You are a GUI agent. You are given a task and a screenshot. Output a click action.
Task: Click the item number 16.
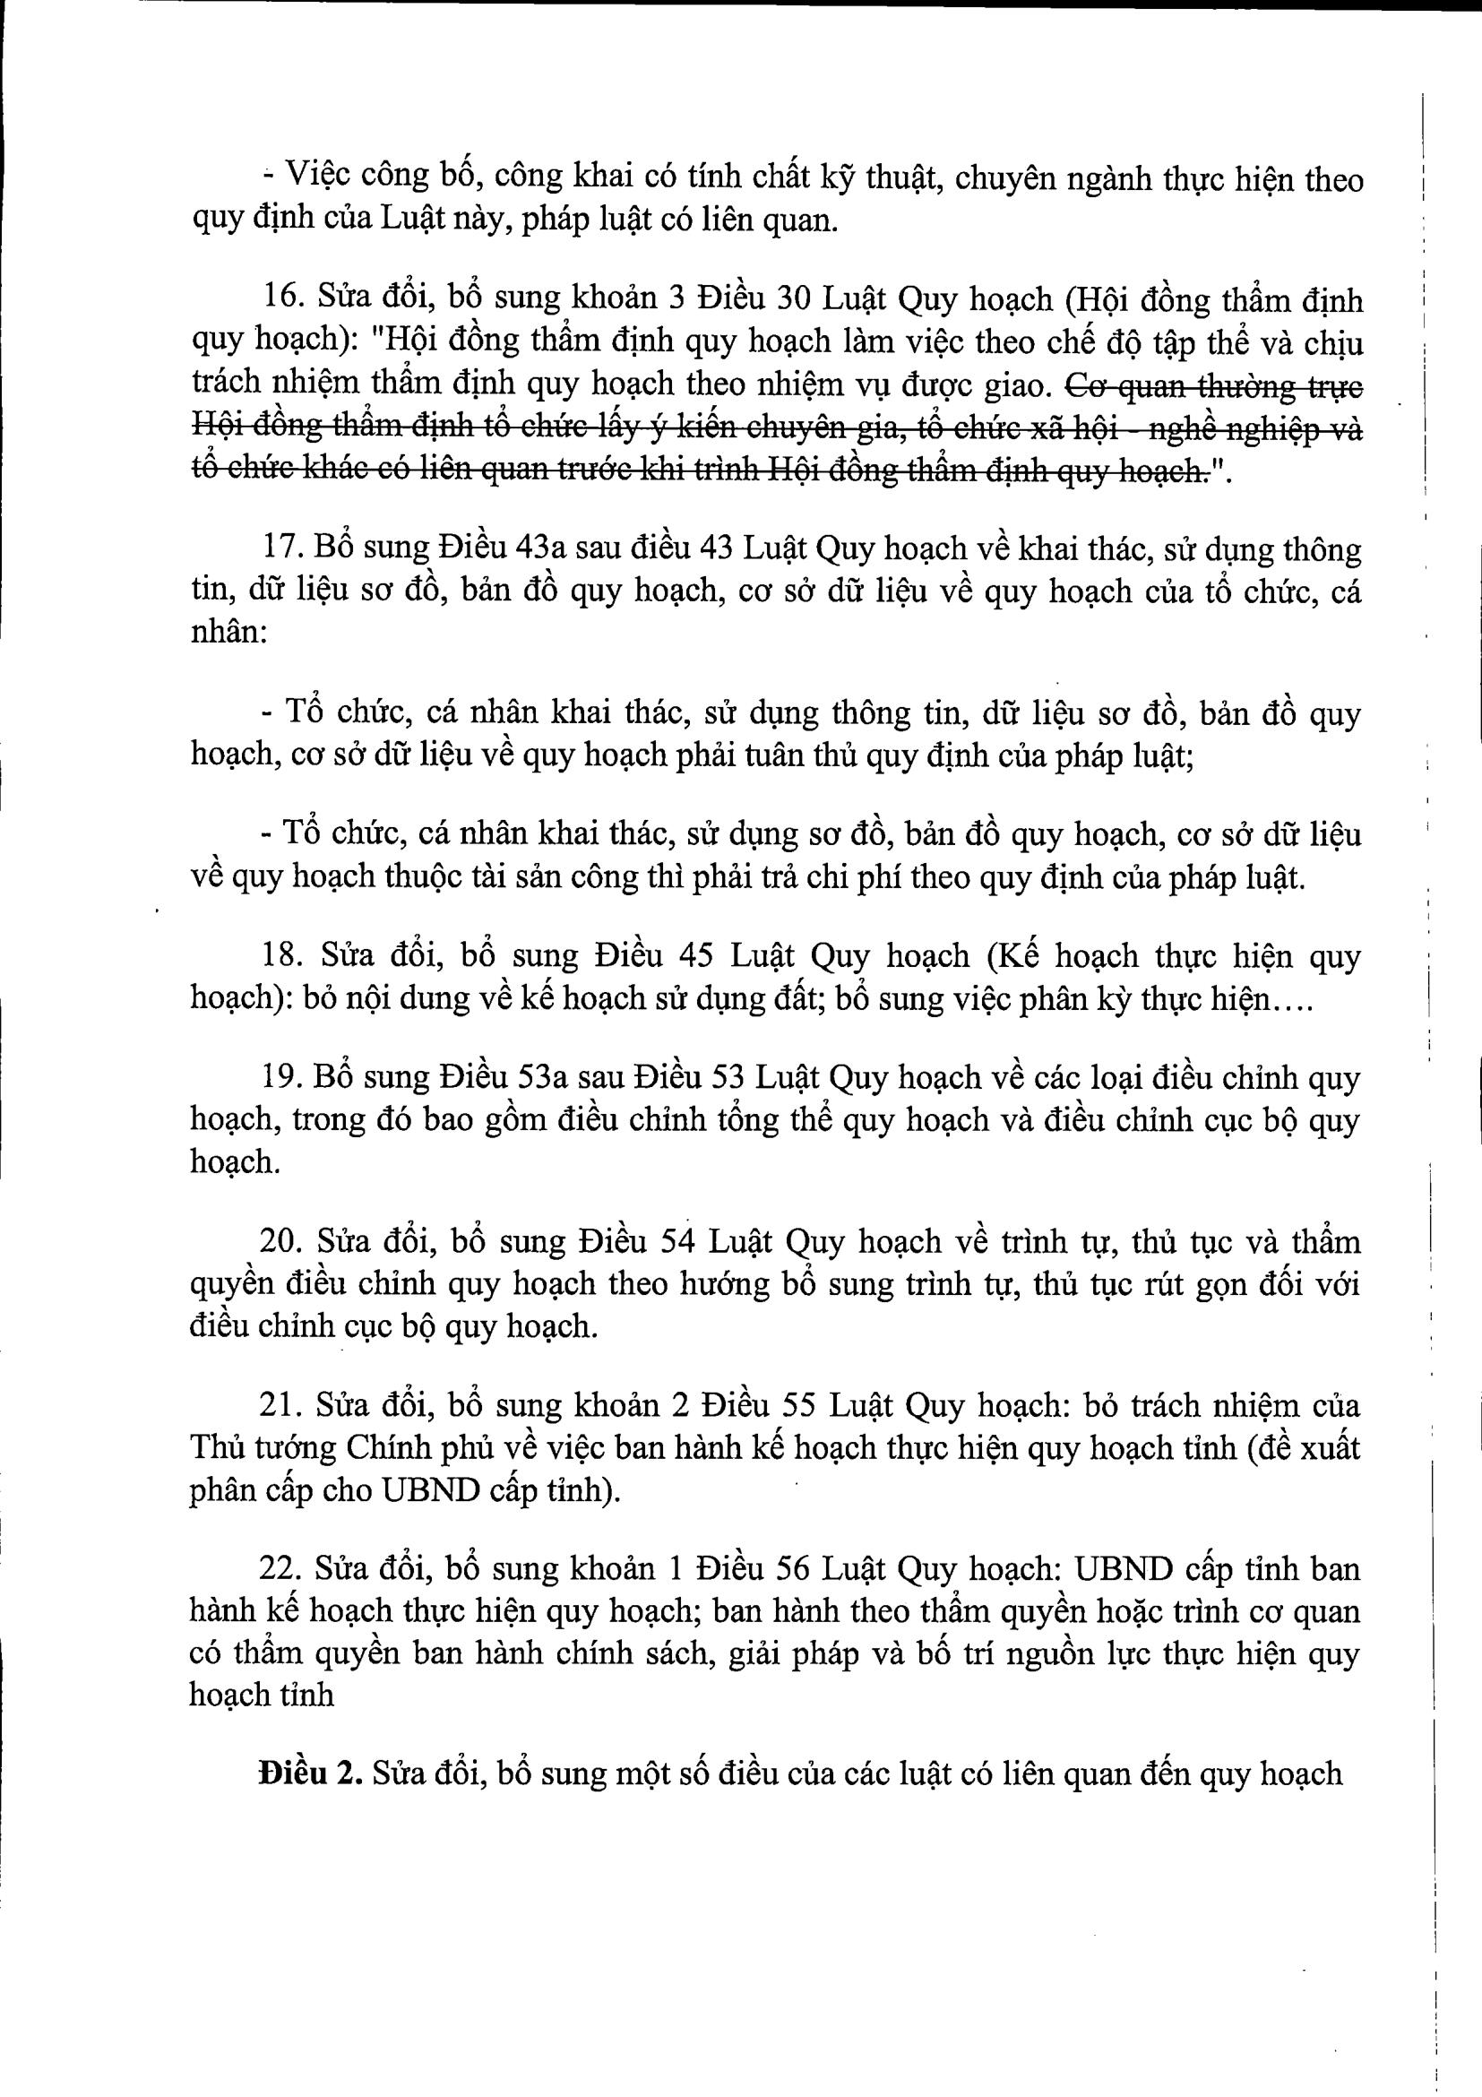280,298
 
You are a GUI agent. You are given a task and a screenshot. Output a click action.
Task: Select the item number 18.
280,956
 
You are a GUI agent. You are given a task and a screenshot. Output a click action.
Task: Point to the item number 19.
280,1079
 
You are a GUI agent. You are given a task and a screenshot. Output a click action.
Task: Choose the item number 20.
280,1241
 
